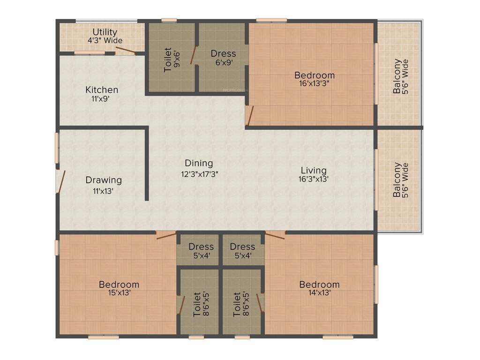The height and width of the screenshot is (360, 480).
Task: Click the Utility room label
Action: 105,32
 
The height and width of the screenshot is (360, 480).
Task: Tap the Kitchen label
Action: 102,90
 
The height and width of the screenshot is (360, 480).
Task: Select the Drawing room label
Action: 104,180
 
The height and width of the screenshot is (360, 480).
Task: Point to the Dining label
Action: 199,163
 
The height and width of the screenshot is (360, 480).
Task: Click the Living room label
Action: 314,170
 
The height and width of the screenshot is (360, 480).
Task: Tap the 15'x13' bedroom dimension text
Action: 119,292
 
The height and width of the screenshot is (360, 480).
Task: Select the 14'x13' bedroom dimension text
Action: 319,292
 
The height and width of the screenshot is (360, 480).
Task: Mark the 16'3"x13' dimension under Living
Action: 314,179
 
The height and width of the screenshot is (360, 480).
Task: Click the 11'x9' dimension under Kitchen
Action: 102,98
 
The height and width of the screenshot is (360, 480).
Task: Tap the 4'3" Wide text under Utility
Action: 105,40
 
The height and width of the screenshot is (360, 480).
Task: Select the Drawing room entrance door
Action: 60,181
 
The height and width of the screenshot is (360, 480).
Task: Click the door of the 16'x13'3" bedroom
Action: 250,116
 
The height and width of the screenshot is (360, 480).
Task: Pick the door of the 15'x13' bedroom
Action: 166,235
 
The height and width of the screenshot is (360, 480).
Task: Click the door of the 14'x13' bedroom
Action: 275,235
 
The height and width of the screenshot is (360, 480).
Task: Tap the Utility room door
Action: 126,50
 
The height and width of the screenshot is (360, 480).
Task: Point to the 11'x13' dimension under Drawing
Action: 104,190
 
